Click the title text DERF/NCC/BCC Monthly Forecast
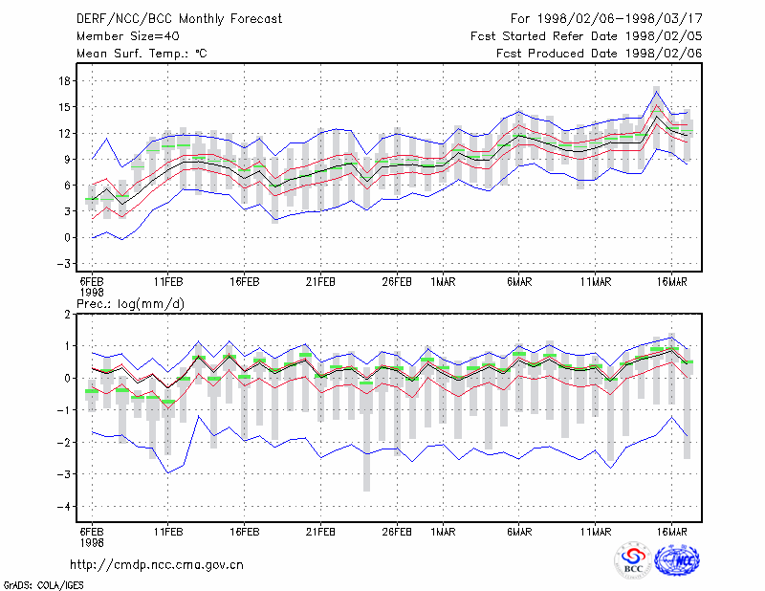click(x=179, y=19)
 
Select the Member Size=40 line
click(x=128, y=36)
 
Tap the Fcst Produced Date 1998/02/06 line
click(x=600, y=54)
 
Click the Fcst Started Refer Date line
click(x=586, y=36)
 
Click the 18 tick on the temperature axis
click(x=64, y=81)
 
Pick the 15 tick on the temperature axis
click(x=64, y=107)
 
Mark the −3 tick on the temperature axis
click(x=63, y=264)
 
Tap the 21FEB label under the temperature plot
click(x=320, y=282)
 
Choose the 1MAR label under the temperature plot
click(x=443, y=282)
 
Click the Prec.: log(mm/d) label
click(x=130, y=304)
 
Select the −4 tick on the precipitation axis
click(x=63, y=507)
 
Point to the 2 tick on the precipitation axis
click(x=67, y=315)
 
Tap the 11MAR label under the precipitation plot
click(x=596, y=532)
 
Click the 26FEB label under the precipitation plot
click(x=397, y=532)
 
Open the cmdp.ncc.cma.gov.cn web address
click(x=157, y=565)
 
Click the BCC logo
click(x=633, y=560)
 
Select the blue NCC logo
click(x=677, y=560)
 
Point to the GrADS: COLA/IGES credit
click(x=43, y=585)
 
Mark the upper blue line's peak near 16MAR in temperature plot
click(x=657, y=91)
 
